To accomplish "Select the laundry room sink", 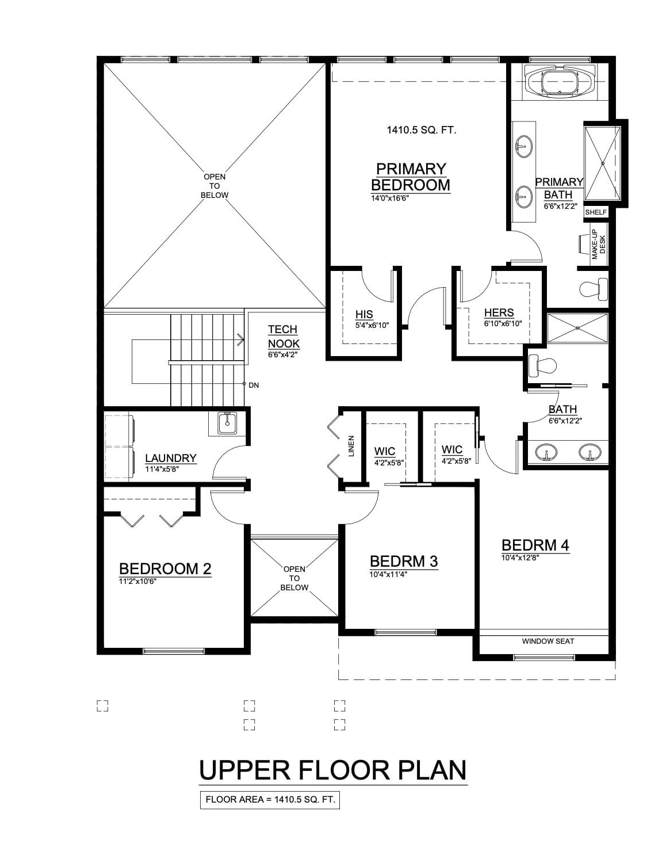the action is (x=227, y=424).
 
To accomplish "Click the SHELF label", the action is (x=596, y=212).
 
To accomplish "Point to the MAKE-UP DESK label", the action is (x=599, y=245).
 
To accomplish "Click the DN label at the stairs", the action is (x=254, y=385).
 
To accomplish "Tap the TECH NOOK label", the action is (x=284, y=337).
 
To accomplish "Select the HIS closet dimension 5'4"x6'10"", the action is (x=372, y=325).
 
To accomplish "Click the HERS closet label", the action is (x=499, y=312).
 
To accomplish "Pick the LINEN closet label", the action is (x=351, y=446).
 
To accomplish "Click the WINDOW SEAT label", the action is (x=548, y=641).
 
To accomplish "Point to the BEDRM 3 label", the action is (x=404, y=562).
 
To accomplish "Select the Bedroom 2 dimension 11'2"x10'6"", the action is (x=137, y=582).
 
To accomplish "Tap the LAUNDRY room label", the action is (x=170, y=458).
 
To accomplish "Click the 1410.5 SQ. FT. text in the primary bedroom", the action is (x=422, y=130).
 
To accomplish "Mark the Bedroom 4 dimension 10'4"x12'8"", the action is (x=520, y=557).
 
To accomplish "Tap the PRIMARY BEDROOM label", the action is (x=411, y=177).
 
